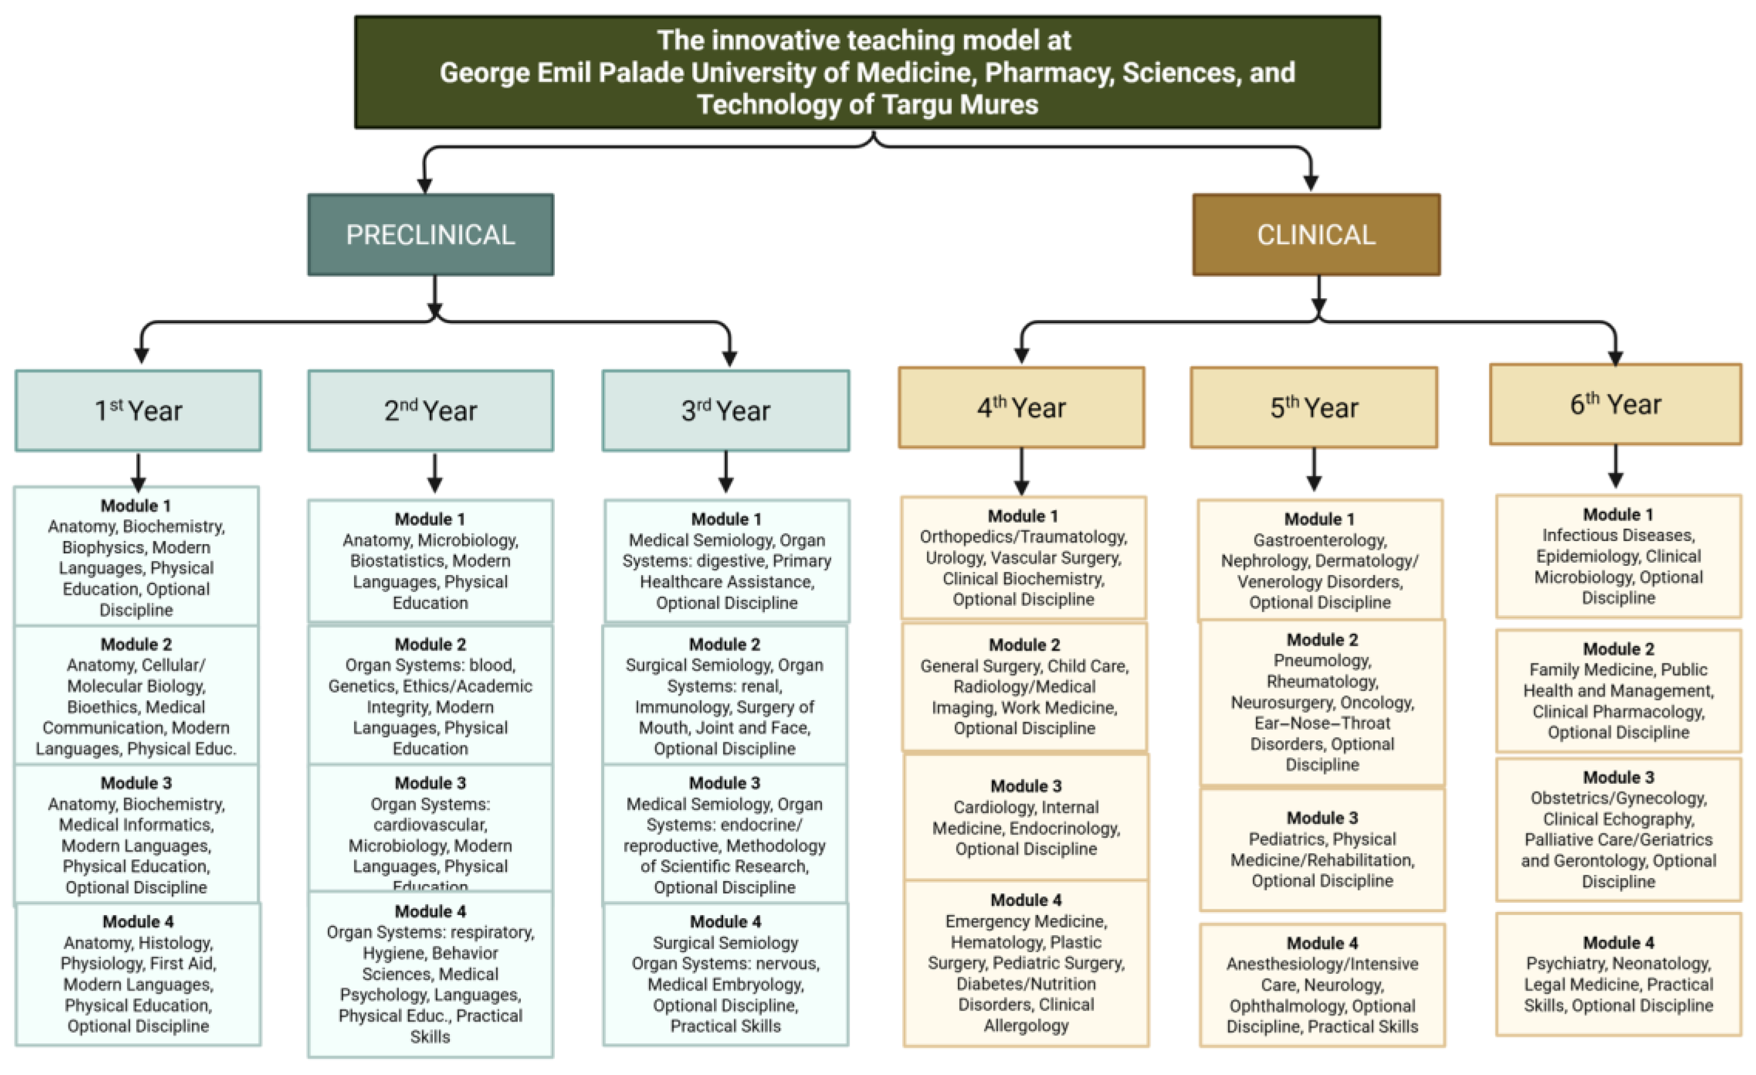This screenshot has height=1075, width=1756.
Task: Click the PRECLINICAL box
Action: click(x=430, y=235)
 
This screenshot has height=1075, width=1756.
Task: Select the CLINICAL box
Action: click(x=1315, y=235)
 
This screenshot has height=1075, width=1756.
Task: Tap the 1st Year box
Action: click(x=138, y=411)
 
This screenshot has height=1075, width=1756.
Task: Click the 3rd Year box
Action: click(x=726, y=411)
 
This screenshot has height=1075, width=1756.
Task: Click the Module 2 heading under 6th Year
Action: click(x=1618, y=649)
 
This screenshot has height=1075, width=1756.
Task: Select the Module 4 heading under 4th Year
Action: click(x=1026, y=900)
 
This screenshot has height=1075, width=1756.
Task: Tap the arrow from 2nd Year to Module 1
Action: click(x=435, y=474)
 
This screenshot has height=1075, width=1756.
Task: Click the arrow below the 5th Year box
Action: click(x=1314, y=470)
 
